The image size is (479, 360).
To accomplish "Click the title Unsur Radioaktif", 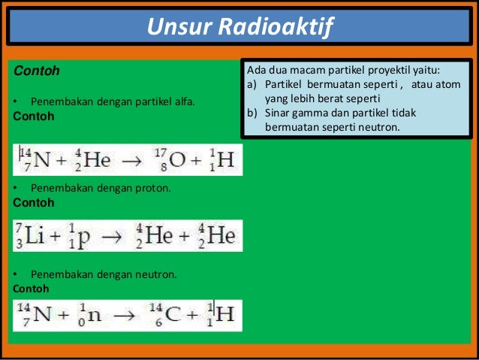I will click(x=239, y=28).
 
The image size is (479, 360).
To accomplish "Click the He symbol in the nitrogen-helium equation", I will click(x=97, y=159).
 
